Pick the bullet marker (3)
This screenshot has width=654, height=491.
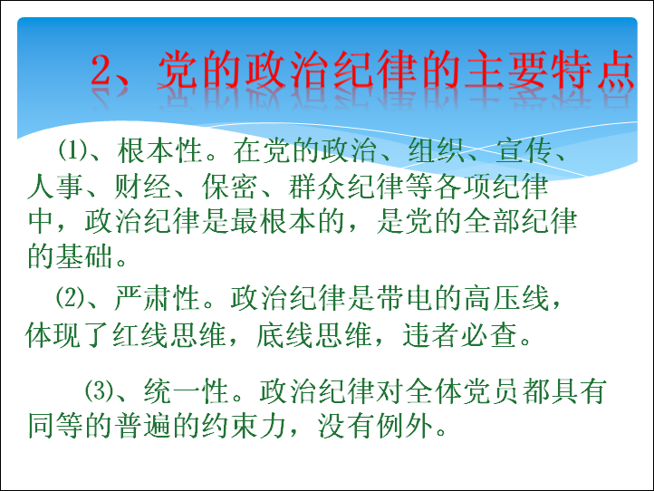click(x=100, y=390)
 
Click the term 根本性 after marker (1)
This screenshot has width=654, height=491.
click(x=159, y=150)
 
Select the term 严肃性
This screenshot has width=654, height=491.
click(x=157, y=298)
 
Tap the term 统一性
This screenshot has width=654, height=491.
click(x=186, y=391)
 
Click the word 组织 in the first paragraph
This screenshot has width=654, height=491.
click(x=437, y=150)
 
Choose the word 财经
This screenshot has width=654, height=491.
click(x=142, y=186)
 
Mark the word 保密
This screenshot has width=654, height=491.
click(x=230, y=186)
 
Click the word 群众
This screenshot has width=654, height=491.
click(x=317, y=186)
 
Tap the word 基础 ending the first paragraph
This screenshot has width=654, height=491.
click(x=84, y=256)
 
